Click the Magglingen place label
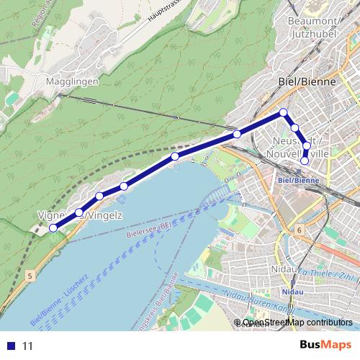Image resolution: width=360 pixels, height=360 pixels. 71,82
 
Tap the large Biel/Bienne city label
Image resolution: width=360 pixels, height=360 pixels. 307,82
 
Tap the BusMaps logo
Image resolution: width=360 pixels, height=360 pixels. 325,345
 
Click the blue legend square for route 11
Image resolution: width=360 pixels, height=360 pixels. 12,346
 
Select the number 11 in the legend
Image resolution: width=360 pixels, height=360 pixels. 28,346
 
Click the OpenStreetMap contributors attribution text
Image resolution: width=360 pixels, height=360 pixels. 297,323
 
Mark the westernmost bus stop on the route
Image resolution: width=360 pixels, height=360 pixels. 53,228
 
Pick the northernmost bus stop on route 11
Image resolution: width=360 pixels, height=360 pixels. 284,112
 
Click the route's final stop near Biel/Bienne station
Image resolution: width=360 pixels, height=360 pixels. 305,161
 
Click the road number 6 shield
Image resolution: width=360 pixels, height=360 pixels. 298,230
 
